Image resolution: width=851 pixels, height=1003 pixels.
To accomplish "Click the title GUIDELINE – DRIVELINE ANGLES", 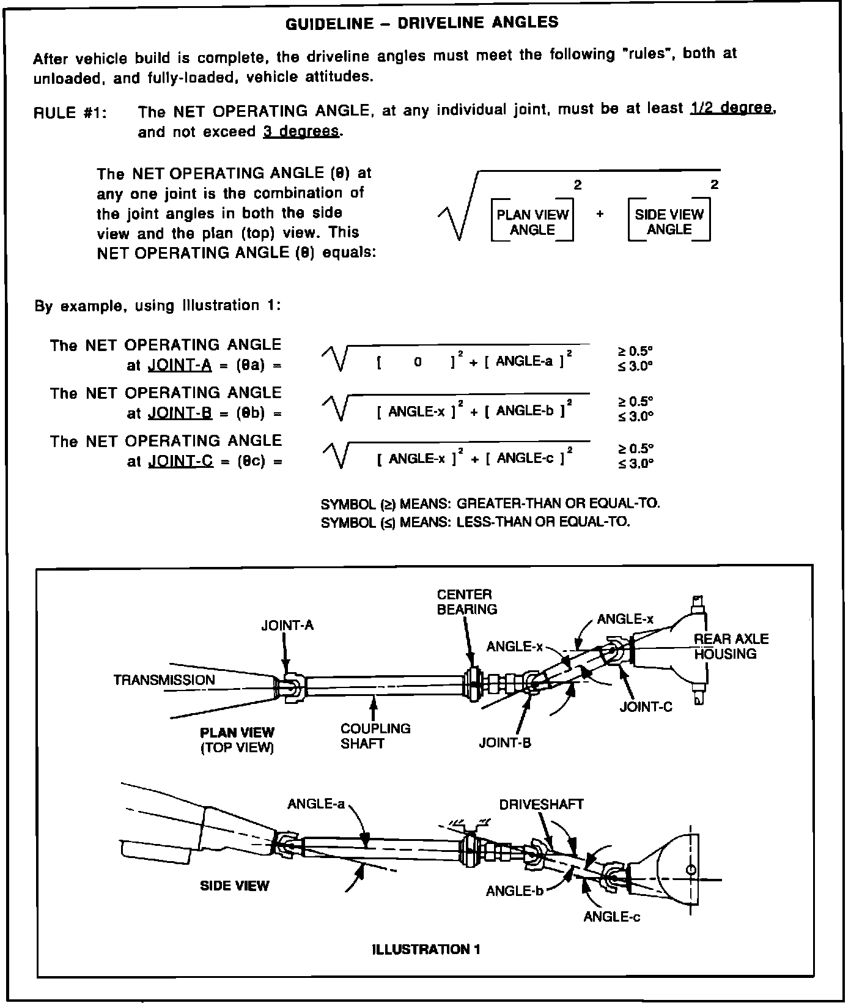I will point(422,23).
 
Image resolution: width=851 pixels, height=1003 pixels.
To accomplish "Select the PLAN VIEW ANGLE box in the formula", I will point(532,221).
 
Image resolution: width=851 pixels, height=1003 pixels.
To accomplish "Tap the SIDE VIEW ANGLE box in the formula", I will point(669,221).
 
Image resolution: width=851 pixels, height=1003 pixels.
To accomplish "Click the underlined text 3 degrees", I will point(301,131).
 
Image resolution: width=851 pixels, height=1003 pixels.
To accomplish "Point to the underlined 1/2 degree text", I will point(732,108).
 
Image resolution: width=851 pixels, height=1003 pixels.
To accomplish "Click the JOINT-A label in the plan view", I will point(287,625).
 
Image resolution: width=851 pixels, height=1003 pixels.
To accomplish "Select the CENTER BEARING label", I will point(466,602).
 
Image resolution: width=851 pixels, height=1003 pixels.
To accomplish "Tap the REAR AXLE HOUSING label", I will point(731,646).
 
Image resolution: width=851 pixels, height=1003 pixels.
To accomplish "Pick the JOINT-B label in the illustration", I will point(505,743).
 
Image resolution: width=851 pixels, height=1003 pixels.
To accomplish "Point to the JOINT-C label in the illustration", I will point(646,707).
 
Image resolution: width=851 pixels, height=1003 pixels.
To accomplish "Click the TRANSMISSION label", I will point(164,679).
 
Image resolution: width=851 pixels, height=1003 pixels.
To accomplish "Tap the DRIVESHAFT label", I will point(541,804).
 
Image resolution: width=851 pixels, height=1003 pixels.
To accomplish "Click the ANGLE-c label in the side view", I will point(611,916).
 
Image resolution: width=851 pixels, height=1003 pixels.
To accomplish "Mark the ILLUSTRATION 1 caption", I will point(425,949).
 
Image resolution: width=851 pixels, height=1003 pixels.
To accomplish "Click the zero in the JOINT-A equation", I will point(418,361).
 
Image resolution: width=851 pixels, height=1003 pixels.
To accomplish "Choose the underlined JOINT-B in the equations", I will point(180,413).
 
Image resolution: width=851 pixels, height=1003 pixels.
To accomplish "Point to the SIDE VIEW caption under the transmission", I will point(234,885).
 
